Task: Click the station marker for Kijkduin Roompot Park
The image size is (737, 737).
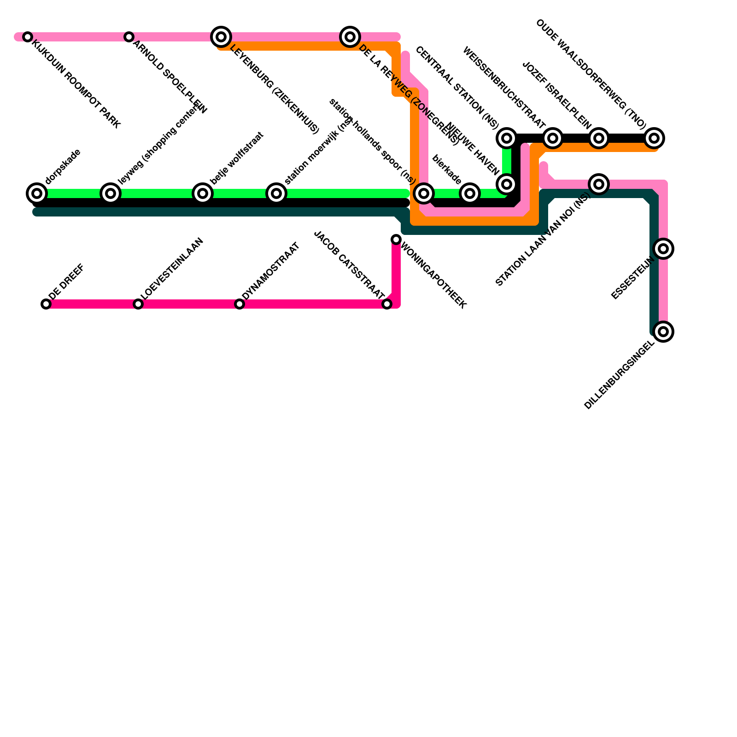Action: click(x=28, y=37)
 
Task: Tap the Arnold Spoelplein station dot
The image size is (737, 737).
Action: click(x=129, y=37)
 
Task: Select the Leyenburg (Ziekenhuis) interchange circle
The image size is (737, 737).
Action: click(x=221, y=37)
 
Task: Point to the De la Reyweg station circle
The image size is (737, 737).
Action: click(x=350, y=37)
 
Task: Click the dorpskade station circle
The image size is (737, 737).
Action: click(x=37, y=193)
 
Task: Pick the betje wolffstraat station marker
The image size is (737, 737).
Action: click(x=203, y=193)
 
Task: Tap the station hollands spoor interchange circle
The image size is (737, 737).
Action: click(x=424, y=193)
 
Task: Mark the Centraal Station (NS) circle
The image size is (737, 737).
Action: click(x=507, y=138)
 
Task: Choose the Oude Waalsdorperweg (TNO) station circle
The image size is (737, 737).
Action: click(x=654, y=138)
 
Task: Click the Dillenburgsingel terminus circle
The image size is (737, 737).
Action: click(x=663, y=331)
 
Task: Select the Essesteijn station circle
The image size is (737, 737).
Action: click(x=663, y=249)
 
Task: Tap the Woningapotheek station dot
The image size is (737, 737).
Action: click(x=396, y=240)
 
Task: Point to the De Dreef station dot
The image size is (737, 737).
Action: click(x=46, y=304)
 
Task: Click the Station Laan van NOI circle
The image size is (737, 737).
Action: click(x=599, y=184)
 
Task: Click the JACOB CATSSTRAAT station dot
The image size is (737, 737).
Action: click(x=387, y=304)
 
